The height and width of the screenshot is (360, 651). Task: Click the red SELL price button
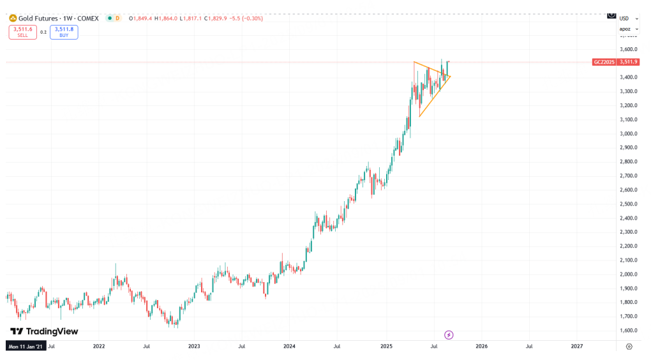click(22, 32)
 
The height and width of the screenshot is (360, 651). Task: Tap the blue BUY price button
click(64, 32)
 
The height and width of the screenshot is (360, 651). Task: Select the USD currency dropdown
click(625, 19)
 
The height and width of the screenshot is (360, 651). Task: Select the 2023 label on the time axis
click(194, 346)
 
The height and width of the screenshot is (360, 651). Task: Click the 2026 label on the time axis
click(481, 346)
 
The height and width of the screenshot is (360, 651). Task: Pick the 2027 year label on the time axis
click(576, 346)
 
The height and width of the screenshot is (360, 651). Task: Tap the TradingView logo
click(44, 331)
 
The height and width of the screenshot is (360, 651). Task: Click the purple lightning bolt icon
click(449, 334)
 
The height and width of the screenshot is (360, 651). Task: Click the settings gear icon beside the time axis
click(629, 346)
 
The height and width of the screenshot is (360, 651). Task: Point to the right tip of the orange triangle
click(451, 77)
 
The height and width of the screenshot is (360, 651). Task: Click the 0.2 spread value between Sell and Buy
click(43, 32)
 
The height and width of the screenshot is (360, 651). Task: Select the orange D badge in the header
click(117, 18)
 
